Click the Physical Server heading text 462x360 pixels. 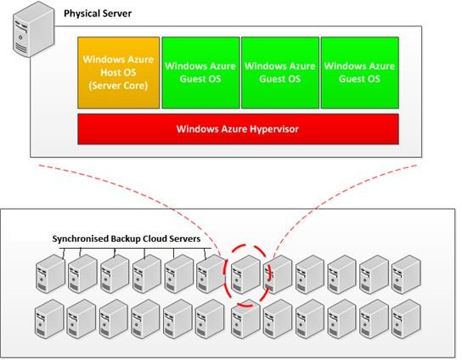(x=98, y=14)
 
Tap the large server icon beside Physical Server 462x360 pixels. (x=34, y=29)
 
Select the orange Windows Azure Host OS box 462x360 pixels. (x=118, y=73)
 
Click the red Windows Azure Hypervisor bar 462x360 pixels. (x=238, y=129)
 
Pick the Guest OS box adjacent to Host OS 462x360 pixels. (x=200, y=73)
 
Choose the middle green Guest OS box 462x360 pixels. (x=280, y=73)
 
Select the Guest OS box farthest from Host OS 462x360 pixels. (x=360, y=73)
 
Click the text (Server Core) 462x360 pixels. (x=118, y=86)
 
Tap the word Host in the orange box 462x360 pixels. (x=109, y=72)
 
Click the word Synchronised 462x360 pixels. (x=80, y=239)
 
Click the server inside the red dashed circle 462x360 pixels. (x=245, y=274)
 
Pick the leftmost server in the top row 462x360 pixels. (x=50, y=274)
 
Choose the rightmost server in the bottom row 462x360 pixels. (x=406, y=318)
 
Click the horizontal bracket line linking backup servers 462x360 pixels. (x=135, y=248)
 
